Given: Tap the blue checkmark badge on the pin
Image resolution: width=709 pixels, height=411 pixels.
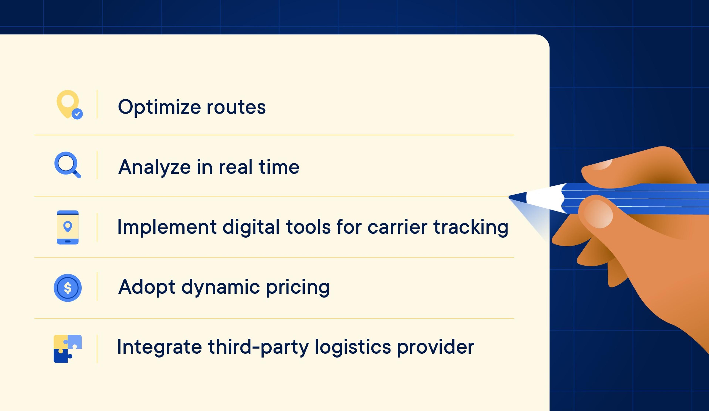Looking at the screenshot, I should click(x=77, y=114).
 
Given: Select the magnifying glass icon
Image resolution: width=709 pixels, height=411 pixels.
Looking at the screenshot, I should click(x=67, y=165).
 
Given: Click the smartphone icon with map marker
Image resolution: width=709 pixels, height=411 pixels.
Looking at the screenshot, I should click(x=67, y=228).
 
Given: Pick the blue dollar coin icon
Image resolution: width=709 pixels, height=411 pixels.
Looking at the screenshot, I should click(x=67, y=288).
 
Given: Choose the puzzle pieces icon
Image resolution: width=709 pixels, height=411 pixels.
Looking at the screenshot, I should click(x=67, y=349).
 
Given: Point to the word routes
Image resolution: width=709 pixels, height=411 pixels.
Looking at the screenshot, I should click(x=236, y=107).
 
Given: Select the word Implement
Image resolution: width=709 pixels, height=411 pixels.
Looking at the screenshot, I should click(x=167, y=227).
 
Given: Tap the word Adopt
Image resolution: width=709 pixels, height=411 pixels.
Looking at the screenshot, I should click(x=147, y=287).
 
